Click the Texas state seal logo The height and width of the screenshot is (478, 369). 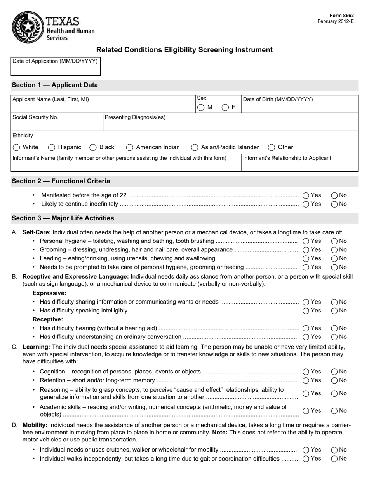click(28, 27)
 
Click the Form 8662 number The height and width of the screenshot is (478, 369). click(342, 16)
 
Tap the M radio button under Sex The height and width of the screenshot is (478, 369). click(201, 108)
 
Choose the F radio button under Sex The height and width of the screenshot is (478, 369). click(225, 108)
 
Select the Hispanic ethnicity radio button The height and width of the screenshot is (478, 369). click(52, 147)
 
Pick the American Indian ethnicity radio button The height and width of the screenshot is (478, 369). click(130, 147)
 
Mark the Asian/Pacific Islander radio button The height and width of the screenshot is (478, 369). click(195, 147)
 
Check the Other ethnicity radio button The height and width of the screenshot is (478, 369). click(272, 147)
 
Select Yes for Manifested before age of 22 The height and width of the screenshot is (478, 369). click(306, 195)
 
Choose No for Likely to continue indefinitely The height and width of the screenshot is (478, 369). click(334, 204)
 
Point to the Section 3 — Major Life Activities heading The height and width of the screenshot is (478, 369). click(63, 218)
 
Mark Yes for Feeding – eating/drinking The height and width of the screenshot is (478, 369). click(306, 258)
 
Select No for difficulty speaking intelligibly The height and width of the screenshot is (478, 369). click(334, 311)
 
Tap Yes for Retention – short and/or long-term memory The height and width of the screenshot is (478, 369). click(306, 380)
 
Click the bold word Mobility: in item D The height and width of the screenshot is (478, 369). click(35, 425)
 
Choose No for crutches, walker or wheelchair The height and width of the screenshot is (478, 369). click(334, 450)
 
